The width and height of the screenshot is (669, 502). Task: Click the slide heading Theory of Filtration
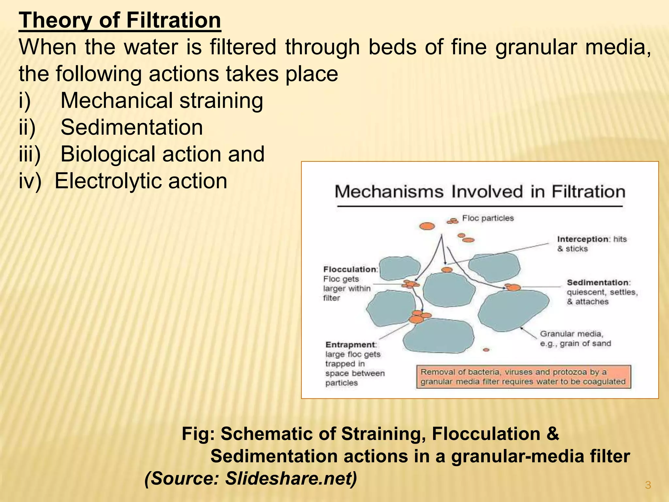[120, 20]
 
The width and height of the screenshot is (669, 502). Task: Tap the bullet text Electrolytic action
[140, 181]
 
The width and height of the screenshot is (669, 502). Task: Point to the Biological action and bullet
[162, 154]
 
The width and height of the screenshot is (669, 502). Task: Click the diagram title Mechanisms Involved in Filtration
[480, 192]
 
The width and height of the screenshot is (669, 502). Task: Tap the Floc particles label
[488, 218]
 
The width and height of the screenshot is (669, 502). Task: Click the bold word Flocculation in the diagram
[350, 269]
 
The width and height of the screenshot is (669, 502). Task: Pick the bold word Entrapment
[351, 345]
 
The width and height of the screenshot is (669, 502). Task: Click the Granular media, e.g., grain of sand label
[575, 339]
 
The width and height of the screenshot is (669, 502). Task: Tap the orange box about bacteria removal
[523, 377]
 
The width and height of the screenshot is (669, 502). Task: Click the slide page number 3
[648, 485]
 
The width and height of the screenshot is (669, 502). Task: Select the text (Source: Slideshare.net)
[251, 478]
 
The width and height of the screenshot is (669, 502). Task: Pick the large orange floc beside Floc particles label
[427, 226]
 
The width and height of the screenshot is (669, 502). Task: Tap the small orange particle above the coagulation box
[486, 350]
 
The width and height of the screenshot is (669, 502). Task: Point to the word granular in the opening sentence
[536, 47]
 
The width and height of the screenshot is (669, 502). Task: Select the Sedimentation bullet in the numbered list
[132, 127]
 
